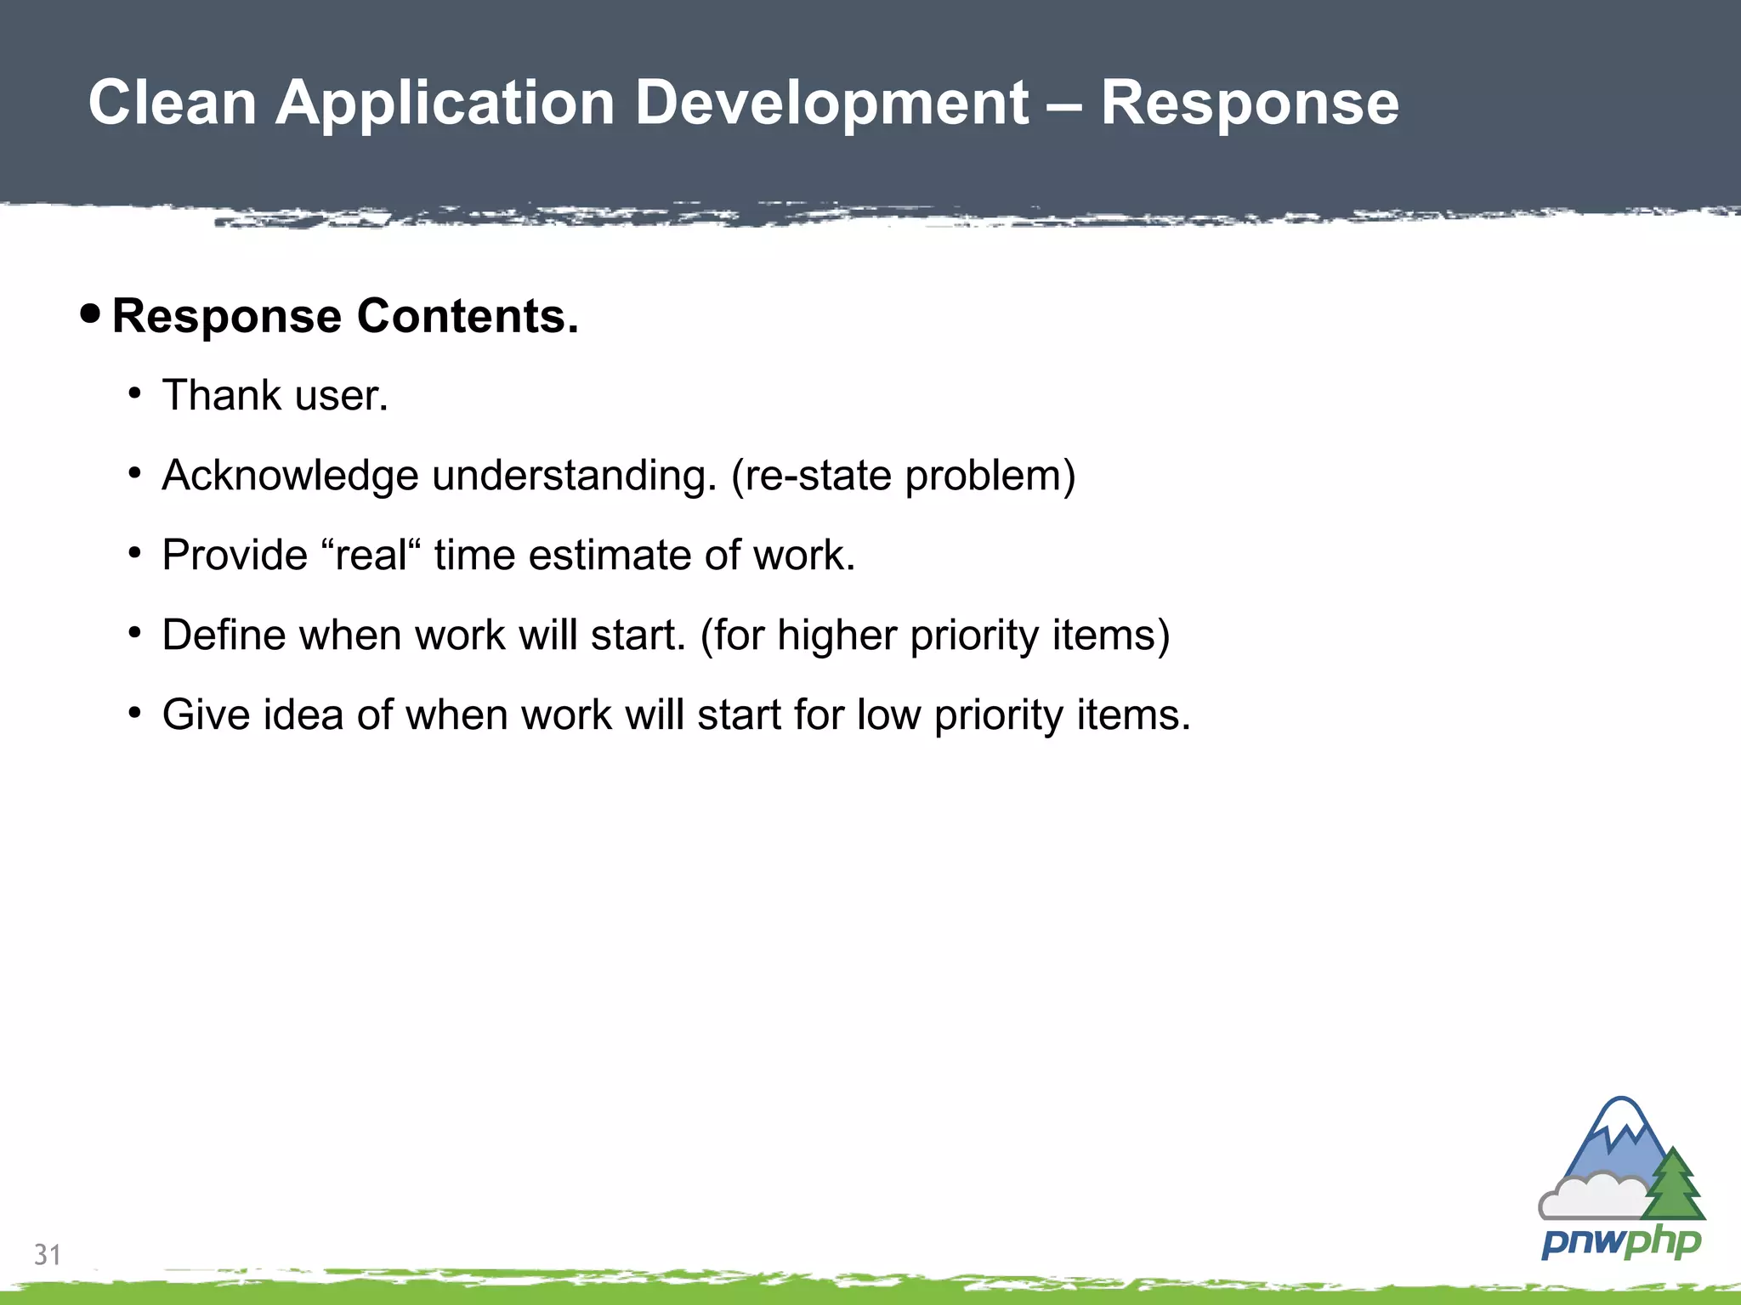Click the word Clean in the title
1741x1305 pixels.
173,103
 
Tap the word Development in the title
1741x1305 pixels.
831,103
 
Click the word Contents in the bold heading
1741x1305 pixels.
467,316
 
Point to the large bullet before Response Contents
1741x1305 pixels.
90,314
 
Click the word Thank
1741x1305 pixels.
221,395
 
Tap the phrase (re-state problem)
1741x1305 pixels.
903,475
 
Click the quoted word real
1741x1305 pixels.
371,555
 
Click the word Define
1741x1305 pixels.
222,635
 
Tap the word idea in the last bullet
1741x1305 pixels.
303,715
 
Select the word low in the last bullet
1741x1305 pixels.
888,715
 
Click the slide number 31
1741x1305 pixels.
48,1254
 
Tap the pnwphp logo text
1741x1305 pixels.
1620,1242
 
